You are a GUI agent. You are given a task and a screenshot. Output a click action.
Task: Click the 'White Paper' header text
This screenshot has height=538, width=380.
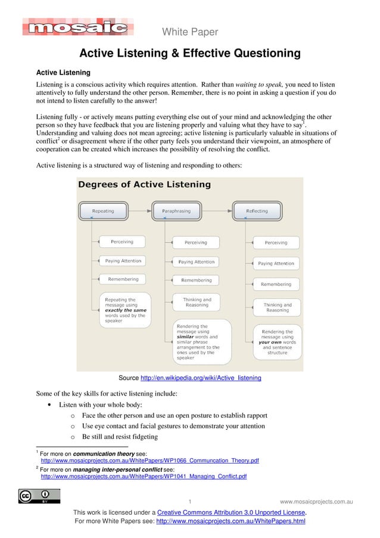click(190, 32)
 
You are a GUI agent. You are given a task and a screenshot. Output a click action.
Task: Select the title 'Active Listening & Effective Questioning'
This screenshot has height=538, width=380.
click(190, 54)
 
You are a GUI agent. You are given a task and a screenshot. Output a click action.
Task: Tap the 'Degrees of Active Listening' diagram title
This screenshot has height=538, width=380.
click(145, 185)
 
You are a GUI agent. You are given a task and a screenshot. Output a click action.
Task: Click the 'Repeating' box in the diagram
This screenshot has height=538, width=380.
click(103, 211)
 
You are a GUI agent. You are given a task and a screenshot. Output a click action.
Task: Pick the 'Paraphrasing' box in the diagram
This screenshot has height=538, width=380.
click(176, 211)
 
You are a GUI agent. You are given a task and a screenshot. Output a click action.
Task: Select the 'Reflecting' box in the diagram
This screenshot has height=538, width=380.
click(257, 211)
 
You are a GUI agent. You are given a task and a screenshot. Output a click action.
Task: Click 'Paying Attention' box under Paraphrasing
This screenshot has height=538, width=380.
click(196, 262)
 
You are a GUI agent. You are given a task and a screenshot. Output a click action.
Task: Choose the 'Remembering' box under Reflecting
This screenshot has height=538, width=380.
click(276, 284)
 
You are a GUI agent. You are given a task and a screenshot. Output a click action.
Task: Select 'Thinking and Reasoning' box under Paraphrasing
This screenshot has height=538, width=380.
click(197, 302)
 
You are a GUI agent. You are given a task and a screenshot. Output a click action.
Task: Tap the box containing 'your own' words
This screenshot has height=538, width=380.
click(277, 342)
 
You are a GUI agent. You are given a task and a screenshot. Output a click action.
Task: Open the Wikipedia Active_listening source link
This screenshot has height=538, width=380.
click(200, 378)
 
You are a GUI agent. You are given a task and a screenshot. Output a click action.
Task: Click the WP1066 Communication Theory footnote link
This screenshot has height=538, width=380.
click(149, 461)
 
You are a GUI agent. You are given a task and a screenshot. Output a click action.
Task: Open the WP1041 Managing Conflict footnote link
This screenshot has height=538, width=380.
click(144, 477)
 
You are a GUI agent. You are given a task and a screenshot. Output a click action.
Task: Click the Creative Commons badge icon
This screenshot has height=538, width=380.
click(39, 496)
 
